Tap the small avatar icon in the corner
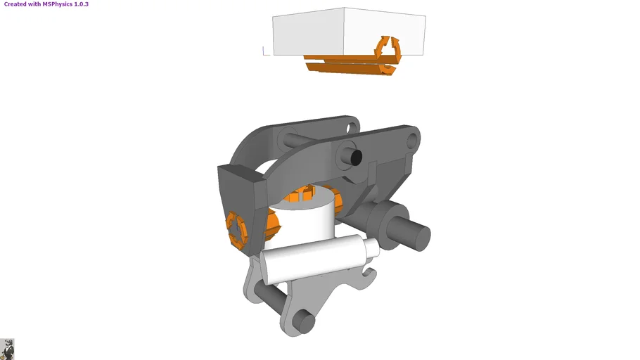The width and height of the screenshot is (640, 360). point(7,349)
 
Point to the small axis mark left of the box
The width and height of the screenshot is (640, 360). point(265,51)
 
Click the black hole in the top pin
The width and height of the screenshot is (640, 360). point(356,156)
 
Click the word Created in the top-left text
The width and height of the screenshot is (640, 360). point(15,4)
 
